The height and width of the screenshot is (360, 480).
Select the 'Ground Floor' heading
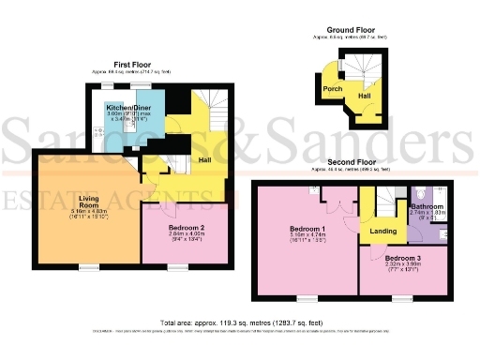[x=352, y=29]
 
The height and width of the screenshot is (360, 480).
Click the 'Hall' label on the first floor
[x=205, y=160]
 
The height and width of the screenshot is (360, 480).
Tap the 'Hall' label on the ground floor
[x=364, y=97]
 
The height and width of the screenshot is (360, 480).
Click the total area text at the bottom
[x=241, y=322]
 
